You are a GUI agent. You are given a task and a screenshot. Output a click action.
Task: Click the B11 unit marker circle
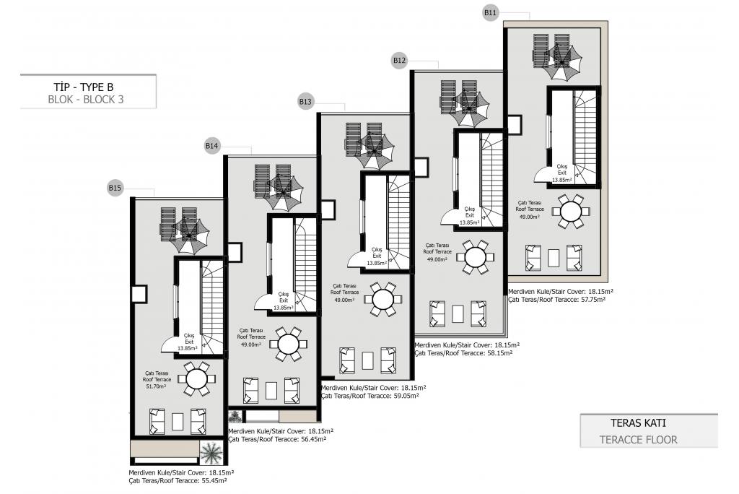(491, 13)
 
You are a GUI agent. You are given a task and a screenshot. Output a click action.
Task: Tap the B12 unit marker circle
(399, 61)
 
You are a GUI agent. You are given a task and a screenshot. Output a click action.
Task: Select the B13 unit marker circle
(305, 101)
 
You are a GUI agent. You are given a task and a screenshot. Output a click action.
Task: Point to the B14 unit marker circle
(212, 146)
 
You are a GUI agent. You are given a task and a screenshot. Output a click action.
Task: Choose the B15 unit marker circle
(115, 188)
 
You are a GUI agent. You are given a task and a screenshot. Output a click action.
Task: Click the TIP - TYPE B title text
(84, 87)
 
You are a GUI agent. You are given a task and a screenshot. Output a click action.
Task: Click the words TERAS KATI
(638, 422)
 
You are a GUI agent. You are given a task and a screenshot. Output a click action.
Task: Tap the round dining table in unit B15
(197, 378)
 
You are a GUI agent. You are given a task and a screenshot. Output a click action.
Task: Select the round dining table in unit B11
(570, 211)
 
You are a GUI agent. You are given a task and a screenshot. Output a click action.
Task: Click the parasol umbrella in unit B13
(375, 151)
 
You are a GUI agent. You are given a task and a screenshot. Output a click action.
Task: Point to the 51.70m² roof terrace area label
(157, 386)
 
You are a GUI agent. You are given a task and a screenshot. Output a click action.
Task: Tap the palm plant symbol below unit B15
(211, 453)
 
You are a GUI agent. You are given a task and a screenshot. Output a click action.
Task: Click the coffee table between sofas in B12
(458, 313)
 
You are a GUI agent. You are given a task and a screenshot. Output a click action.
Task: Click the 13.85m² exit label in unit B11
(561, 180)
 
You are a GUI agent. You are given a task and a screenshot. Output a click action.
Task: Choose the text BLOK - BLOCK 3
(86, 100)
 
